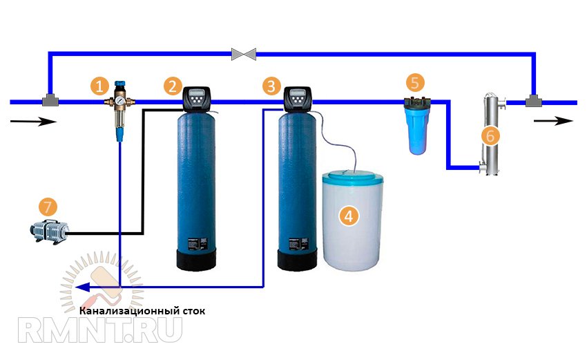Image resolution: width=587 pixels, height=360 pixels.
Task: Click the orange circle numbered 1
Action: click(x=100, y=86)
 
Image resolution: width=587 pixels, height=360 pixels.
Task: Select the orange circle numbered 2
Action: click(x=173, y=86)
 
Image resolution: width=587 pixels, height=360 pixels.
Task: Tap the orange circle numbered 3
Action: click(x=271, y=86)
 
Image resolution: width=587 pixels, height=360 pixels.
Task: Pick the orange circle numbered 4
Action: click(x=349, y=216)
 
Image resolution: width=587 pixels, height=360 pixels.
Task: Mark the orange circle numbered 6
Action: click(x=490, y=135)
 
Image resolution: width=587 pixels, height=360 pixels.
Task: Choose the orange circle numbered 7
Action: click(x=47, y=207)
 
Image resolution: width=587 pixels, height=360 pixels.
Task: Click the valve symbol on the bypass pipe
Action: click(x=244, y=53)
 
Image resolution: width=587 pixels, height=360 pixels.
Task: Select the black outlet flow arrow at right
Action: click(x=557, y=120)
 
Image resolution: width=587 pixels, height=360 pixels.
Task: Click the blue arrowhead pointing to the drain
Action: click(x=81, y=288)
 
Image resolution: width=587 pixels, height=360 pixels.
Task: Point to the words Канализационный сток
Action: click(x=142, y=311)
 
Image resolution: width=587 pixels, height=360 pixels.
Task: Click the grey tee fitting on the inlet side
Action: click(x=50, y=101)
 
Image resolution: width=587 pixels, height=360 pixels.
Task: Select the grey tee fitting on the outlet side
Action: click(x=532, y=101)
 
